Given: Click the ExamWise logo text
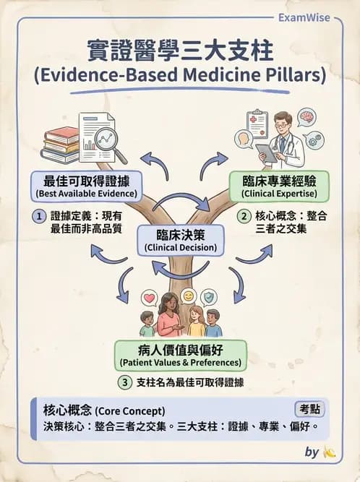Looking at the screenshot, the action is coord(304,17).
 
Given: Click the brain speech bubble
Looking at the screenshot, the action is coord(307,117).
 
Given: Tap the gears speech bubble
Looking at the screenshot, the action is coord(313,141).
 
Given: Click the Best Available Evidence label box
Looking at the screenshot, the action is coord(87,186).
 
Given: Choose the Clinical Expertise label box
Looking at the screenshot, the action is coord(279,186).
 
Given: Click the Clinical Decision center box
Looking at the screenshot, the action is coord(181,241).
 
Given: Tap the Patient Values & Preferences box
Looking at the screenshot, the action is coord(181,356).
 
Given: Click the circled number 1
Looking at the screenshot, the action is coord(39,216).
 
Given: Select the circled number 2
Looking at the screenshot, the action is coord(244,216).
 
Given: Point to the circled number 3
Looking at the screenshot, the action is coord(125,382).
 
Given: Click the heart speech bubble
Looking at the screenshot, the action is coord(150,298).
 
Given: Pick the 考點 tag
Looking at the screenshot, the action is coord(309,410).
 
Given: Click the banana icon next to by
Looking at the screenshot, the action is coord(329,452).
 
